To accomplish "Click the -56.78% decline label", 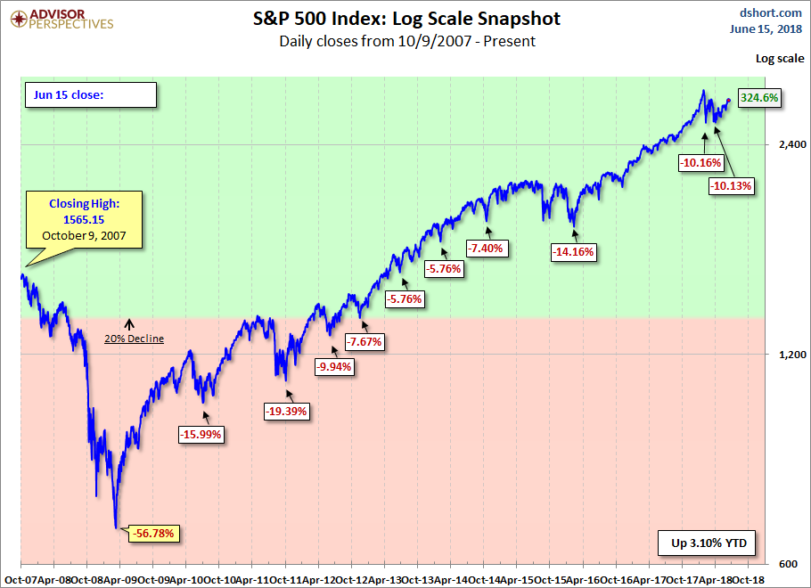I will point(155,534).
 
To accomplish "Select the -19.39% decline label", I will point(286,411).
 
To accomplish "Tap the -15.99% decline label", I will point(201,434).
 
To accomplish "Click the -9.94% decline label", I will point(334,366).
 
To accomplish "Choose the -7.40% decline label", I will point(487,248).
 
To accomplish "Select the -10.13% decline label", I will point(732,185).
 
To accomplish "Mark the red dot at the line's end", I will point(729,101).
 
